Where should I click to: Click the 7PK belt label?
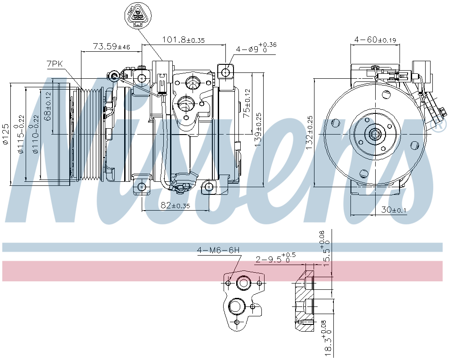click(x=55, y=64)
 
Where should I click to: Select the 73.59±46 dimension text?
click(x=111, y=46)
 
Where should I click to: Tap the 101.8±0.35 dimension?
click(x=184, y=40)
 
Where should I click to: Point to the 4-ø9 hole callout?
click(x=256, y=48)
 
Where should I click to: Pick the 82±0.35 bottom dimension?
click(x=175, y=205)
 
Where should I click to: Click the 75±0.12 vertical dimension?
click(x=246, y=103)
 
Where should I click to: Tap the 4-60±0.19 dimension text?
click(x=375, y=40)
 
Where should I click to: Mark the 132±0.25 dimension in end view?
click(x=309, y=133)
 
